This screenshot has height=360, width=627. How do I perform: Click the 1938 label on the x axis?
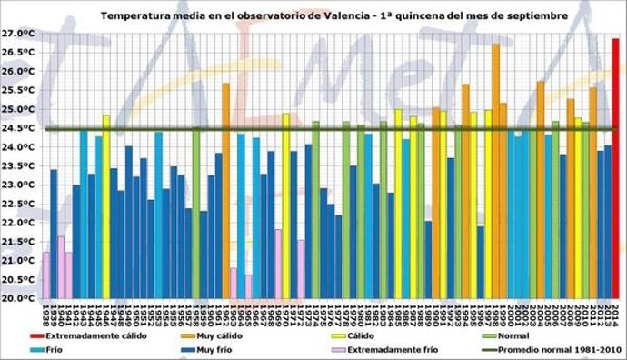(46, 314)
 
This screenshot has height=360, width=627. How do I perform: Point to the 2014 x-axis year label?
(615, 314)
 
